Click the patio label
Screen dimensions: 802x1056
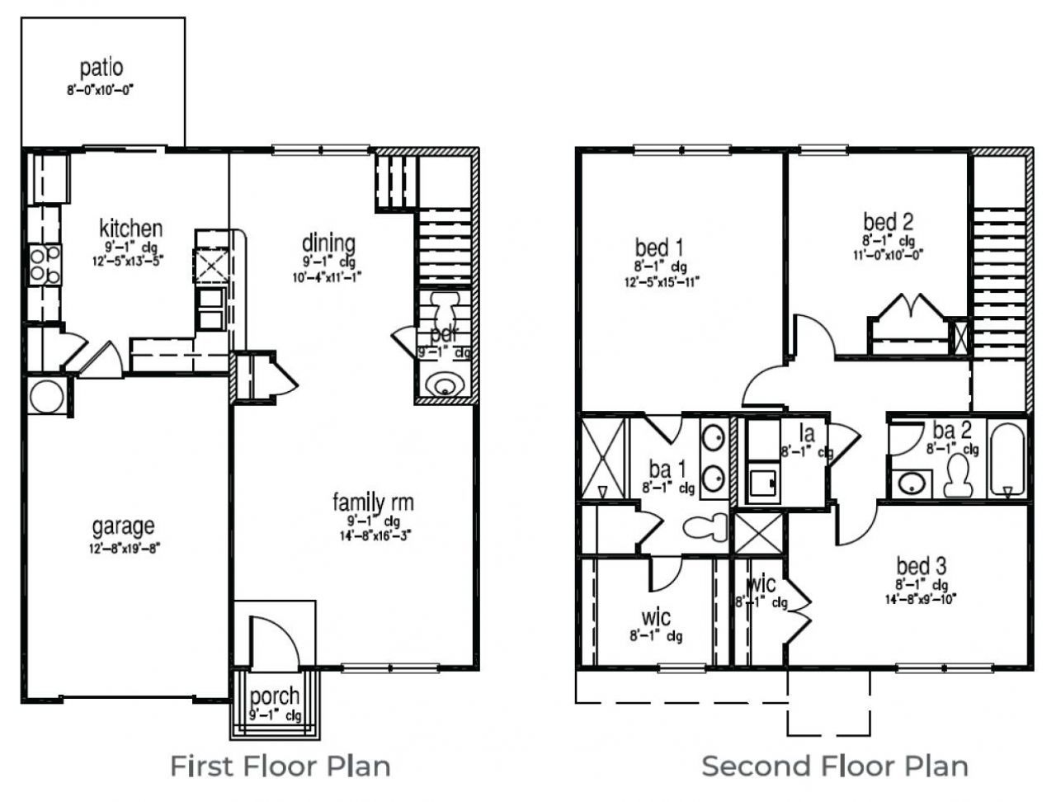click(x=101, y=68)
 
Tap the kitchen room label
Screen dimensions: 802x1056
click(x=130, y=228)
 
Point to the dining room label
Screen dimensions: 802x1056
click(x=328, y=243)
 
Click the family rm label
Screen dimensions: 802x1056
click(x=373, y=502)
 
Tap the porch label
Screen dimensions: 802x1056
click(x=275, y=696)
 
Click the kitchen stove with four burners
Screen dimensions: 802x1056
click(x=45, y=265)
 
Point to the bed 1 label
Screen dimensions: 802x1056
click(x=658, y=247)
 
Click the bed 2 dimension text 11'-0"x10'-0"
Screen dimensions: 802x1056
click(x=888, y=255)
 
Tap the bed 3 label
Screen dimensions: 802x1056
click(x=921, y=566)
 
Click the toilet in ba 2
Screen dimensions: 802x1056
click(x=958, y=475)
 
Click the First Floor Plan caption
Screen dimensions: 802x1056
click(x=280, y=766)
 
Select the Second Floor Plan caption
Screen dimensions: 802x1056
click(x=834, y=766)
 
